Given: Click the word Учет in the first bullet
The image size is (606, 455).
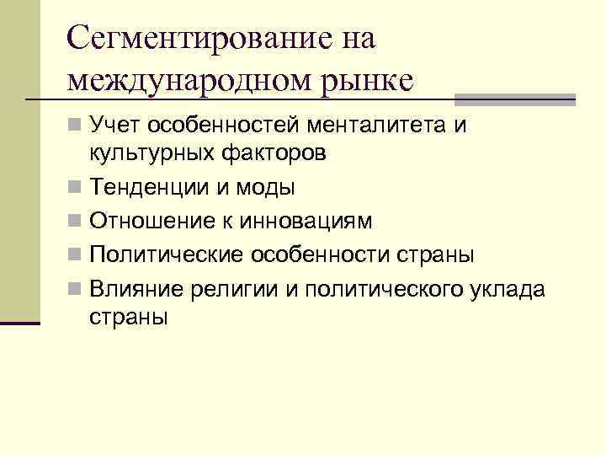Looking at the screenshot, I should pyautogui.click(x=115, y=126).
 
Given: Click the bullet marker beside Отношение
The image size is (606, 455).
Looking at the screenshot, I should pyautogui.click(x=76, y=221).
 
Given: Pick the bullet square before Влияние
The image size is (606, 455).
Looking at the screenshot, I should pyautogui.click(x=76, y=290).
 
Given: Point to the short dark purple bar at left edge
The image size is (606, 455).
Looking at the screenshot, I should pyautogui.click(x=20, y=323).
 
